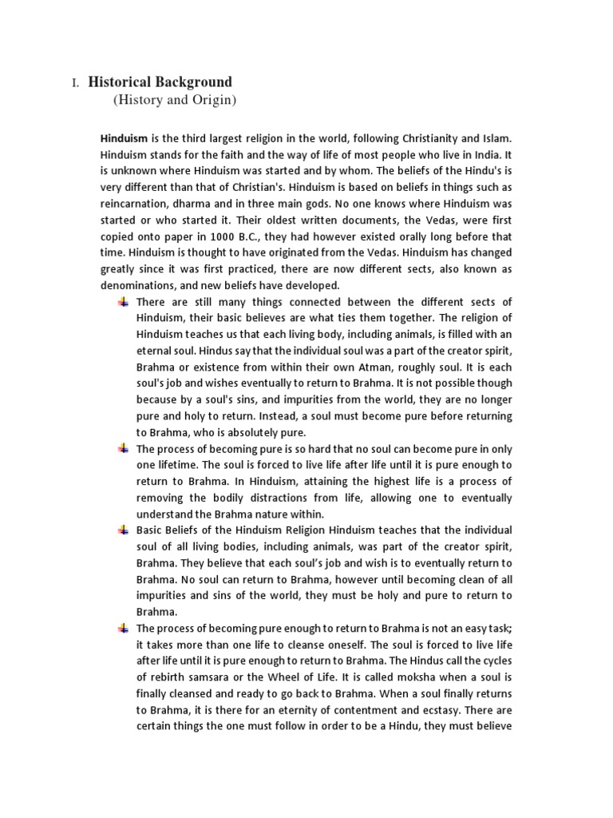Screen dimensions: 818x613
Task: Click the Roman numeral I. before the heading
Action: point(76,83)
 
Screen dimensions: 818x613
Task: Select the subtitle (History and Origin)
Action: point(175,100)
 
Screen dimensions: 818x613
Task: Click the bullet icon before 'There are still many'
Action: point(123,302)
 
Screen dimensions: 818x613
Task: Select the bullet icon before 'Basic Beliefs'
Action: point(123,530)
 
